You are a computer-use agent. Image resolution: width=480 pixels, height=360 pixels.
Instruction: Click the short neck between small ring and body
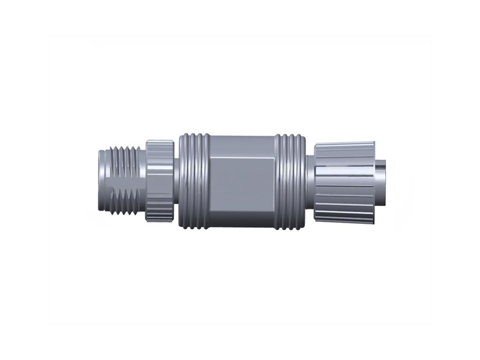point(176,180)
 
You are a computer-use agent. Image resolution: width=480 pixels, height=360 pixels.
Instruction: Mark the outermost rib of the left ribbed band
point(182,180)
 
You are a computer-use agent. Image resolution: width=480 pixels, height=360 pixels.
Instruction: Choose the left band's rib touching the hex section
point(206,180)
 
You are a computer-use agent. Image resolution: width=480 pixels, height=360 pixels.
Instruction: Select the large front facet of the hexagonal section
point(243,183)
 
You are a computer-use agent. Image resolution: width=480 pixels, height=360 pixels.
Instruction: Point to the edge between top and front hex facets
point(243,157)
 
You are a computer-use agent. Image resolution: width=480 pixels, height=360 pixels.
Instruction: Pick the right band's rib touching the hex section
point(278,180)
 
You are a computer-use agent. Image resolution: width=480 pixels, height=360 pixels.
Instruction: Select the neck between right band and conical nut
point(310,180)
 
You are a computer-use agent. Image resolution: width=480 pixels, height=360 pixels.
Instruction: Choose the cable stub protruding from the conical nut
point(382,180)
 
